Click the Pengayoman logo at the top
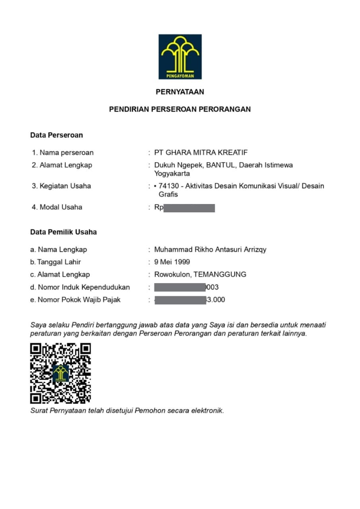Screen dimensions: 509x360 [x=180, y=56]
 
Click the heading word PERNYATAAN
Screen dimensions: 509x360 [x=180, y=92]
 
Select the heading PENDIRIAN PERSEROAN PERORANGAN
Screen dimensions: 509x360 [x=180, y=109]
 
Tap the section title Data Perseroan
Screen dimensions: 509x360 [x=56, y=135]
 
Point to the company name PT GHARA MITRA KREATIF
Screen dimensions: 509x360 [x=201, y=153]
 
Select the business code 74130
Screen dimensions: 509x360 [x=167, y=186]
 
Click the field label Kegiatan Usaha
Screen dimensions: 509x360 [x=65, y=186]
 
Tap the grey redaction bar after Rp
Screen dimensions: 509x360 [x=189, y=208]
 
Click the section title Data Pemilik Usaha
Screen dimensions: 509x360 [x=64, y=232]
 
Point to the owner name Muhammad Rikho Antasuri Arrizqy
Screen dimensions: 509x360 [x=210, y=250]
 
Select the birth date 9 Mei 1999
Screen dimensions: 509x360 [x=172, y=262]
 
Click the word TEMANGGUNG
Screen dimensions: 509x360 [x=220, y=274]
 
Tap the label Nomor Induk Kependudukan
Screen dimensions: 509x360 [x=84, y=287]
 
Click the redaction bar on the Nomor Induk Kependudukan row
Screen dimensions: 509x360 [x=179, y=287]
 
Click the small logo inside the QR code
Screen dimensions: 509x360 [x=60, y=373]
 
